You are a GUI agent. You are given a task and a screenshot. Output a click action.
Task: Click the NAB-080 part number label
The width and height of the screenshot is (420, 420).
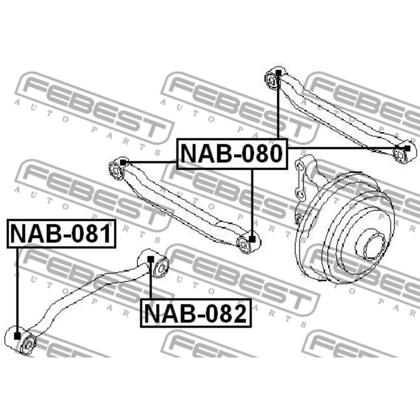pyautogui.click(x=232, y=154)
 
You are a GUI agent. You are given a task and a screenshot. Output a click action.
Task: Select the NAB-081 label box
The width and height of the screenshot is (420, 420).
pyautogui.click(x=61, y=233)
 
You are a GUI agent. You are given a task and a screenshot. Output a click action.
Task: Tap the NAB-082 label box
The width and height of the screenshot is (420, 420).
pyautogui.click(x=196, y=313)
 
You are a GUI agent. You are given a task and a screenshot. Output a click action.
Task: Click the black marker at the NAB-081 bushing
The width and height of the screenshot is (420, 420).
pyautogui.click(x=17, y=336)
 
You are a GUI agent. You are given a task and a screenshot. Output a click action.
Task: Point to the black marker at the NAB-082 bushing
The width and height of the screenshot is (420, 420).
pyautogui.click(x=151, y=259)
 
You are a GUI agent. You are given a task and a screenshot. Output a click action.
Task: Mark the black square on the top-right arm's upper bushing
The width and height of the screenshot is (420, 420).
pyautogui.click(x=278, y=73)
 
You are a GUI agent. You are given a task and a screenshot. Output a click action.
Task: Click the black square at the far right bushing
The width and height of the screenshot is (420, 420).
pyautogui.click(x=407, y=148)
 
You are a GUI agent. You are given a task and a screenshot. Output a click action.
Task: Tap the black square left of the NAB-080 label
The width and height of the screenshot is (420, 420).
pyautogui.click(x=123, y=163)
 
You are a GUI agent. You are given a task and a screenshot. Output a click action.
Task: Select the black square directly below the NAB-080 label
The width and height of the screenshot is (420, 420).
pyautogui.click(x=252, y=239)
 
